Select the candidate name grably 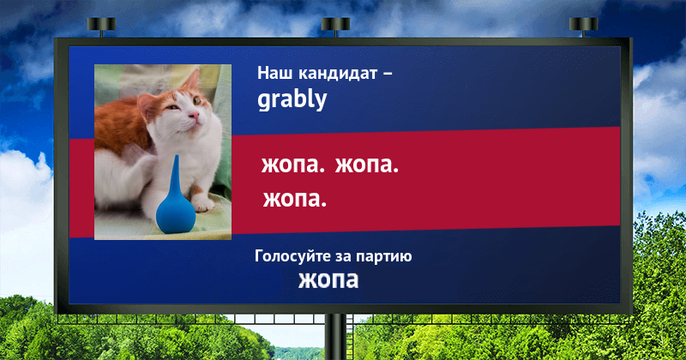292,100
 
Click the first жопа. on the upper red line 293,165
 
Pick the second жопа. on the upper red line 367,165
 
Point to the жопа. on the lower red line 295,199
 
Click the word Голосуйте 292,256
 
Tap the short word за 344,257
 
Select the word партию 383,257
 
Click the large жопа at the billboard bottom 328,280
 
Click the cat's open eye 197,100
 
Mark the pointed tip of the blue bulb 176,156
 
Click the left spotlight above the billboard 101,25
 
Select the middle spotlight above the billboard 335,25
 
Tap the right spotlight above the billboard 584,25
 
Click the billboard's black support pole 335,337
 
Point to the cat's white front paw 202,203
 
